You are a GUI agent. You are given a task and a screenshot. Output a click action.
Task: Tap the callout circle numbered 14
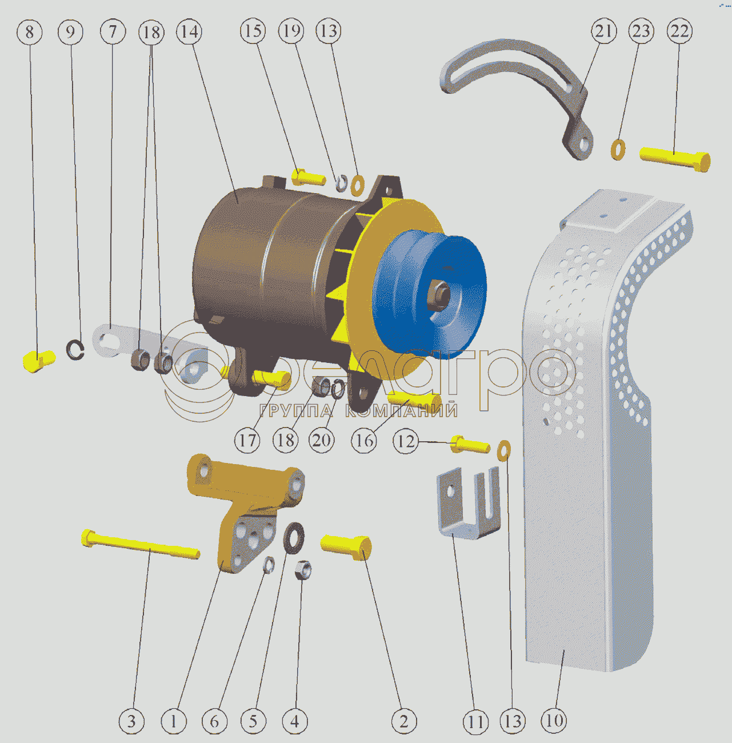tap(189, 31)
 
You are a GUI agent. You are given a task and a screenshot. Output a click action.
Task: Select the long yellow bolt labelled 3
tap(141, 544)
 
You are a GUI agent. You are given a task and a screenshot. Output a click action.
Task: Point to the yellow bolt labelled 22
tap(675, 158)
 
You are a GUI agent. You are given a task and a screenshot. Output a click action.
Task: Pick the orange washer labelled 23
tap(618, 150)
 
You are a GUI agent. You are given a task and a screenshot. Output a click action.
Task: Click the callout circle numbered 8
tap(29, 32)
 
